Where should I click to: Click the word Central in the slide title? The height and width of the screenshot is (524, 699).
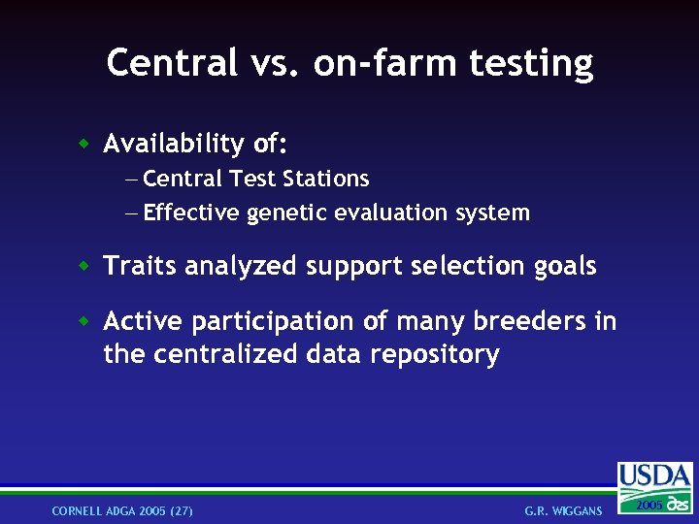coord(171,63)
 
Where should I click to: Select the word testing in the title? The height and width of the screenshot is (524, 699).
coord(531,63)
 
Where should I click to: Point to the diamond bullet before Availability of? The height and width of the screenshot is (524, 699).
coord(85,145)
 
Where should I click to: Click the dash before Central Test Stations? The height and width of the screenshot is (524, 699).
coord(132,180)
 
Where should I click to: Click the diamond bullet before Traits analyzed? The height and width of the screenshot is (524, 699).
coord(85,266)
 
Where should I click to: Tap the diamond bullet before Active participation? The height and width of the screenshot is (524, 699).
coord(85,321)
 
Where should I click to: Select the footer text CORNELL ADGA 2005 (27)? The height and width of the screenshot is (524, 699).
coord(122,510)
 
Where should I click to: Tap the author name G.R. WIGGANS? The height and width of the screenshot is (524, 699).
coord(563,510)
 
